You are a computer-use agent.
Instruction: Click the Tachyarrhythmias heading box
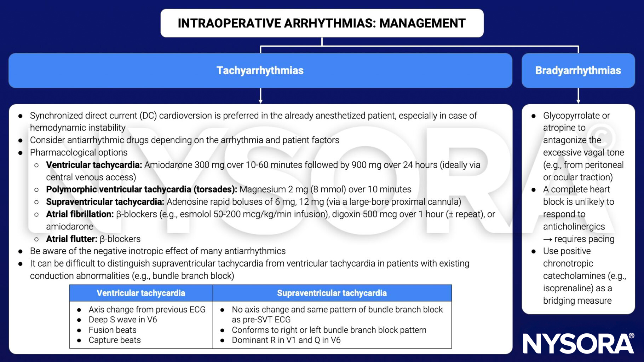pos(260,70)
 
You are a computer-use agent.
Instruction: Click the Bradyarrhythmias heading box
pos(578,70)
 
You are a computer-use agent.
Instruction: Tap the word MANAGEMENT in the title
pos(422,23)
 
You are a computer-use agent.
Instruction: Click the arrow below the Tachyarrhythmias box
pos(260,96)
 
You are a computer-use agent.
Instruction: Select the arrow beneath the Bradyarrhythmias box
pos(578,96)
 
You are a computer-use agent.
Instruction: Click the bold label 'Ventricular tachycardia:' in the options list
pos(94,165)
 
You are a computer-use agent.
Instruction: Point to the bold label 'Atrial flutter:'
pos(71,239)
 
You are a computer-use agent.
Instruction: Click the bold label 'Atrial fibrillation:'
pos(80,214)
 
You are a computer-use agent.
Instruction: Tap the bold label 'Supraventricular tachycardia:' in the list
pos(105,202)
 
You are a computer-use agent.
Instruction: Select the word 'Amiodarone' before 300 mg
pos(166,165)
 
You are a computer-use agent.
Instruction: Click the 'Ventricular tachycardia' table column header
pos(141,293)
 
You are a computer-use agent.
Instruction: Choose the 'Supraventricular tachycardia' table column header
pos(332,293)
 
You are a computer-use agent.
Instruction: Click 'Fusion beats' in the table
pos(113,330)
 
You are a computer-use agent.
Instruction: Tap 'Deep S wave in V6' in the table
pos(122,320)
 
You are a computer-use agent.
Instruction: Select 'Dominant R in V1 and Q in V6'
pos(286,340)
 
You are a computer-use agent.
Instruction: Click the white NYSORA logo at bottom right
pos(578,343)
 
